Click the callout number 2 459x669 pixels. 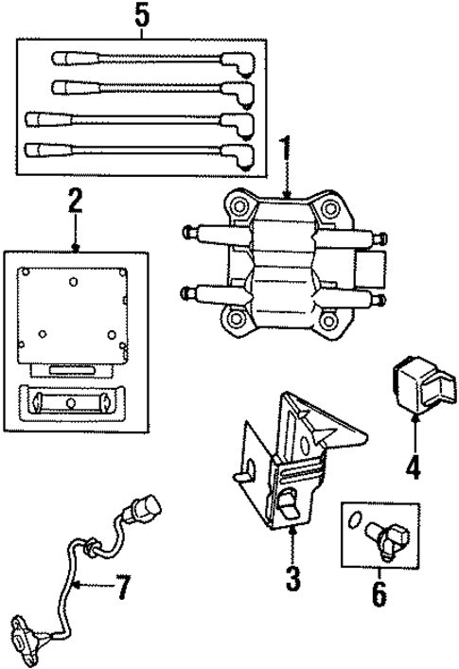point(76,202)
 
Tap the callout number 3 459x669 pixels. point(293,576)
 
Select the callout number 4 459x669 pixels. point(414,467)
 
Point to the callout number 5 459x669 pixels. point(142,15)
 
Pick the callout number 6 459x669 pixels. point(379,593)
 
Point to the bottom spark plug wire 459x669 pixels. point(142,151)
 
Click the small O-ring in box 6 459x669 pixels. point(353,520)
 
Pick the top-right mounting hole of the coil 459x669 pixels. point(329,208)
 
